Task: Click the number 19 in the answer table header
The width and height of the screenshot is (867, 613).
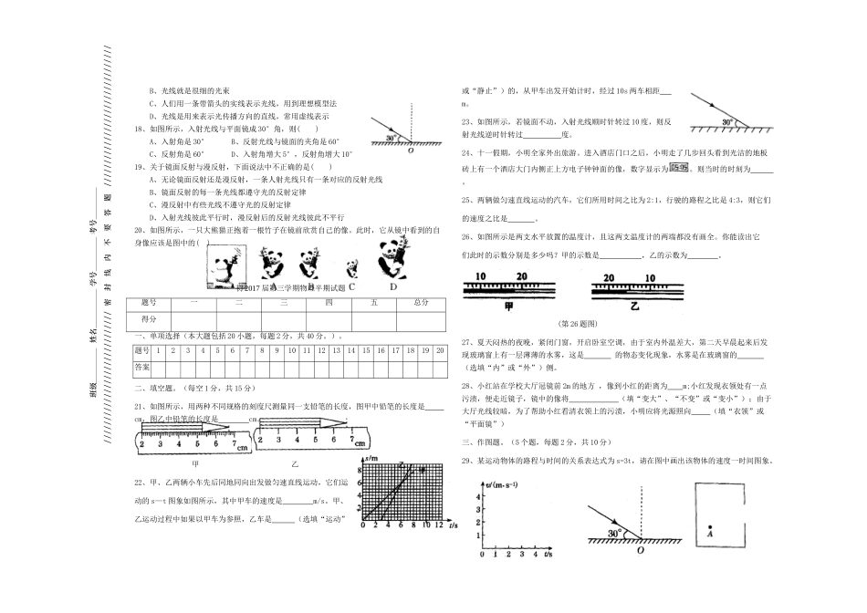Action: (x=426, y=349)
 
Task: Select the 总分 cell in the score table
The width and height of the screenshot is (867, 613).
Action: (x=420, y=301)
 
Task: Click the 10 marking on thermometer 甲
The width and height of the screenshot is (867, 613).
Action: (x=481, y=276)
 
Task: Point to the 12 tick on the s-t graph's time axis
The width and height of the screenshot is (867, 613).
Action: (x=439, y=526)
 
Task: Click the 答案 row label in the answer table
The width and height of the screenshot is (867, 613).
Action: (x=142, y=365)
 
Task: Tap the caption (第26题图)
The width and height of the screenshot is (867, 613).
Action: (x=573, y=324)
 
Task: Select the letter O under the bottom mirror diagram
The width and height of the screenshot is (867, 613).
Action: (x=640, y=548)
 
